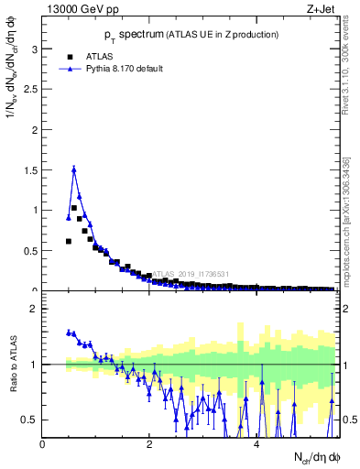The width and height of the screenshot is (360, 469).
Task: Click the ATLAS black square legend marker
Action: [x=69, y=55]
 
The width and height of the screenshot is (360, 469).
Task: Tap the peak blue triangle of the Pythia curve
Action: [x=74, y=169]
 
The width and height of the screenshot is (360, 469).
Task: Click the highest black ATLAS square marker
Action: [x=74, y=208]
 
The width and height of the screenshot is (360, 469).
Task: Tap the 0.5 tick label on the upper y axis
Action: [x=32, y=250]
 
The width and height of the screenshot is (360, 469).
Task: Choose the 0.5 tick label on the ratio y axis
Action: [x=32, y=420]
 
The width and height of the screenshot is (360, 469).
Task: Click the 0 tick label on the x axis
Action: [x=43, y=444]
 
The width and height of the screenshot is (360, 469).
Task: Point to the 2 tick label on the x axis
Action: [x=149, y=444]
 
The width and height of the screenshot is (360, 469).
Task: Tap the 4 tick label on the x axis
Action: [x=256, y=444]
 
